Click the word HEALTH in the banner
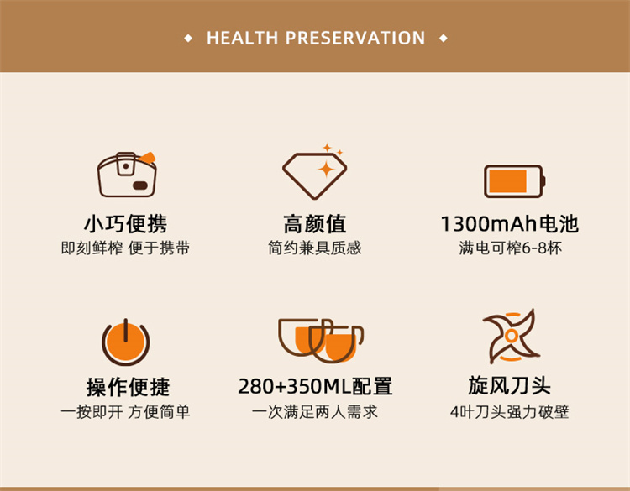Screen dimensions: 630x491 point(242,38)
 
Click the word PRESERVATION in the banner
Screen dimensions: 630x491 point(355,38)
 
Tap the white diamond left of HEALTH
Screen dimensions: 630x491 point(188,39)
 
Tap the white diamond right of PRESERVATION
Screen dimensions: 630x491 point(444,39)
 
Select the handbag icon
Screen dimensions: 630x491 point(127,175)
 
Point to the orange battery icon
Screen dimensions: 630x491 point(515,181)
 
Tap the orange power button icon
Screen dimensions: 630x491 point(126,342)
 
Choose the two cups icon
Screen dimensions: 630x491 point(321,341)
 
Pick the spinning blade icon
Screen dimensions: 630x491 point(511,335)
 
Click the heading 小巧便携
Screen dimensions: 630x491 point(125,223)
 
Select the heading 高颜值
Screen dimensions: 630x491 point(315,223)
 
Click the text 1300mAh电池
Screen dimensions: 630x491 point(510,223)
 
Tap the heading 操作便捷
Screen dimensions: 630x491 point(129,387)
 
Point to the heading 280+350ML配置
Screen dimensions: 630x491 point(315,386)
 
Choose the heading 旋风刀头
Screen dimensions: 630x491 point(510,386)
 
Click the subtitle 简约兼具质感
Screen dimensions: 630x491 point(315,248)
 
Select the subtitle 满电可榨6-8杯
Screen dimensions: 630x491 point(510,248)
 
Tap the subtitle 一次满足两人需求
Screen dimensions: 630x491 point(315,412)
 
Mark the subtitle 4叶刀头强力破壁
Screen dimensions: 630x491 point(510,412)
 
